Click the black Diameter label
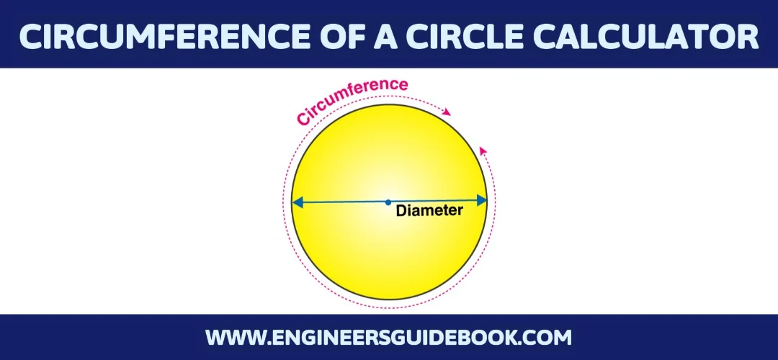click(x=429, y=212)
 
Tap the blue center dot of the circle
click(x=388, y=202)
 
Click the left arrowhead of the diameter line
click(x=297, y=203)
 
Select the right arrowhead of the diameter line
click(x=481, y=200)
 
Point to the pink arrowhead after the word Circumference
click(x=448, y=112)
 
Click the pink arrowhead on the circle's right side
click(x=483, y=150)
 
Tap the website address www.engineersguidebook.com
click(x=388, y=337)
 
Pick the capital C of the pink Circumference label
click(x=300, y=119)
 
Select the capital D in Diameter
click(x=401, y=212)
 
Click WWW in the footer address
click(x=230, y=337)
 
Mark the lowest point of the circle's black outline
click(x=389, y=300)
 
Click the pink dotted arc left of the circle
click(x=285, y=216)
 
